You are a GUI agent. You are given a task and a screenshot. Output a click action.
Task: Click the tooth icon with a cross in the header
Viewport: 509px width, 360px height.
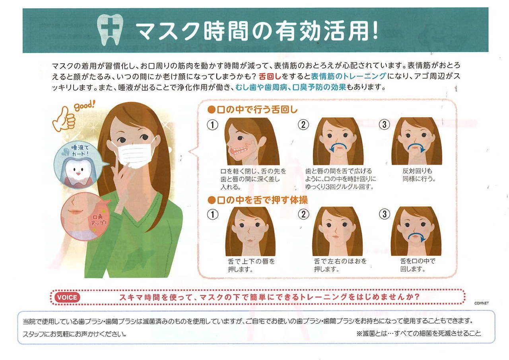click(110, 29)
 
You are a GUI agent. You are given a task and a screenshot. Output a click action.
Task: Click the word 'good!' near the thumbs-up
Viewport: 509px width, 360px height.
click(84, 106)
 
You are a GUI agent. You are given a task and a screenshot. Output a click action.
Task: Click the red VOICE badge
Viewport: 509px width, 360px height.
click(67, 297)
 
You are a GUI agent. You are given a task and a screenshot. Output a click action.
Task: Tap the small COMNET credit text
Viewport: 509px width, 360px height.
click(481, 303)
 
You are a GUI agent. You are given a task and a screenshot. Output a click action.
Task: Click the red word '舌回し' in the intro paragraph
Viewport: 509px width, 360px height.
click(270, 76)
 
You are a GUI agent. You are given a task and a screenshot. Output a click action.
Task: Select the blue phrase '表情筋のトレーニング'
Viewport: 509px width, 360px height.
click(348, 76)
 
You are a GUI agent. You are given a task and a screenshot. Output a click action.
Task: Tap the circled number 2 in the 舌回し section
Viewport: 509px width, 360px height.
click(303, 125)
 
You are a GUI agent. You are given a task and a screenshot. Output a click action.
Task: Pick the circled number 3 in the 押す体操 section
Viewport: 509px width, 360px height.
click(384, 214)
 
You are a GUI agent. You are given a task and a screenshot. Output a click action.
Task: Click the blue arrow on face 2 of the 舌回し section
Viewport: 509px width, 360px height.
click(338, 145)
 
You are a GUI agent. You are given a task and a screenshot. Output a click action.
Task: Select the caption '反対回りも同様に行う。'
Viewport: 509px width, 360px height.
click(419, 175)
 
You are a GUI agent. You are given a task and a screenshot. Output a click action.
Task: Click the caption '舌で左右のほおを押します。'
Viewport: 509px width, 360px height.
click(340, 265)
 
